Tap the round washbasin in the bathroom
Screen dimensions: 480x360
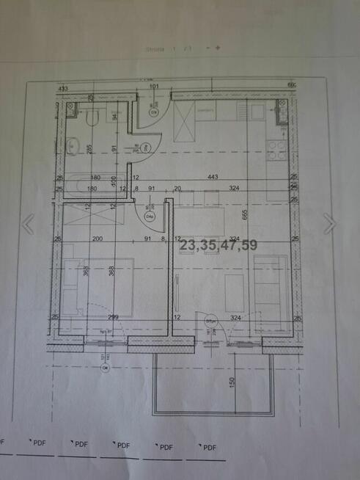[73, 146]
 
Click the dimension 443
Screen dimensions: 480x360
[234, 177]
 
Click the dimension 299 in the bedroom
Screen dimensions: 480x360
[113, 317]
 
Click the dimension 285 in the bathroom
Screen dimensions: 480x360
[90, 150]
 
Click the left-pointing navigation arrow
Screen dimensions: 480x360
[28, 224]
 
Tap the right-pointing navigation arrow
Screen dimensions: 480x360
[330, 224]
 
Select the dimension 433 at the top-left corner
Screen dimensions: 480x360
[63, 88]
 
